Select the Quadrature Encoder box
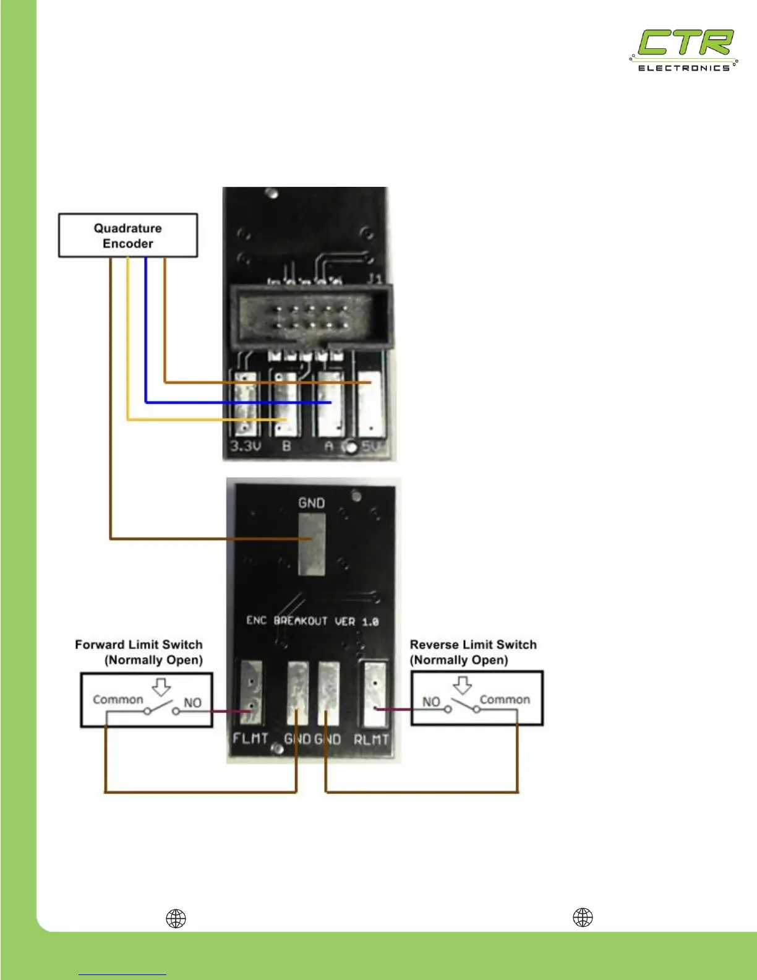coord(128,236)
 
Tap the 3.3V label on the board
coord(246,446)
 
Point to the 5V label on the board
coord(371,446)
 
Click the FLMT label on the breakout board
coord(250,739)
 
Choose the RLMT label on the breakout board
coord(371,739)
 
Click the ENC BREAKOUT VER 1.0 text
coord(312,621)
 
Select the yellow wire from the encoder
coord(128,346)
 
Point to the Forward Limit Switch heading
coord(139,645)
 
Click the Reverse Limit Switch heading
coord(473,645)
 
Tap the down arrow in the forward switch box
coord(161,686)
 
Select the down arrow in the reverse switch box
coord(463,685)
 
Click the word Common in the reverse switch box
coord(505,700)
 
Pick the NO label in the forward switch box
coord(192,703)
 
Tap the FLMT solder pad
coord(251,694)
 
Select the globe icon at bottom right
coord(583,918)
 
